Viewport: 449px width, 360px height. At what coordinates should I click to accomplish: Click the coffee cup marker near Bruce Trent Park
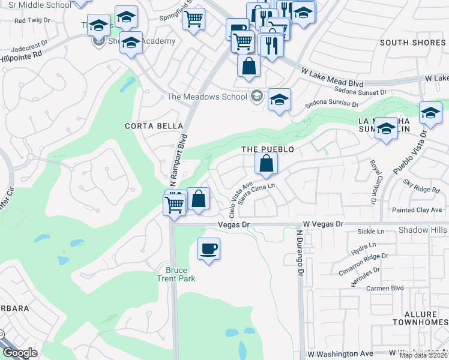point(208,248)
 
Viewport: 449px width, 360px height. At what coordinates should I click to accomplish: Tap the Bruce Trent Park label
point(176,274)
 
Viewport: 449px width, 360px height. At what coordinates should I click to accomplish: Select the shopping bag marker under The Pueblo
point(266,163)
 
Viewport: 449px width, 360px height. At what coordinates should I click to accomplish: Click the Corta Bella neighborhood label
point(145,126)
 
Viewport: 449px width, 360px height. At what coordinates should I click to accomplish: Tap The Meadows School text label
point(207,97)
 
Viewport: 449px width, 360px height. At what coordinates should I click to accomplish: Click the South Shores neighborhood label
point(412,43)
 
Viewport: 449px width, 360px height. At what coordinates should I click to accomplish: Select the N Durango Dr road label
point(298,251)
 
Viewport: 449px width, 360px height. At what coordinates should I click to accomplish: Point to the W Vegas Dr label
point(323,223)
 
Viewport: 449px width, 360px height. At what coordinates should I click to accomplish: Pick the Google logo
point(20,353)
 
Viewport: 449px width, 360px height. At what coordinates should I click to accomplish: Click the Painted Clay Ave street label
point(417,210)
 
